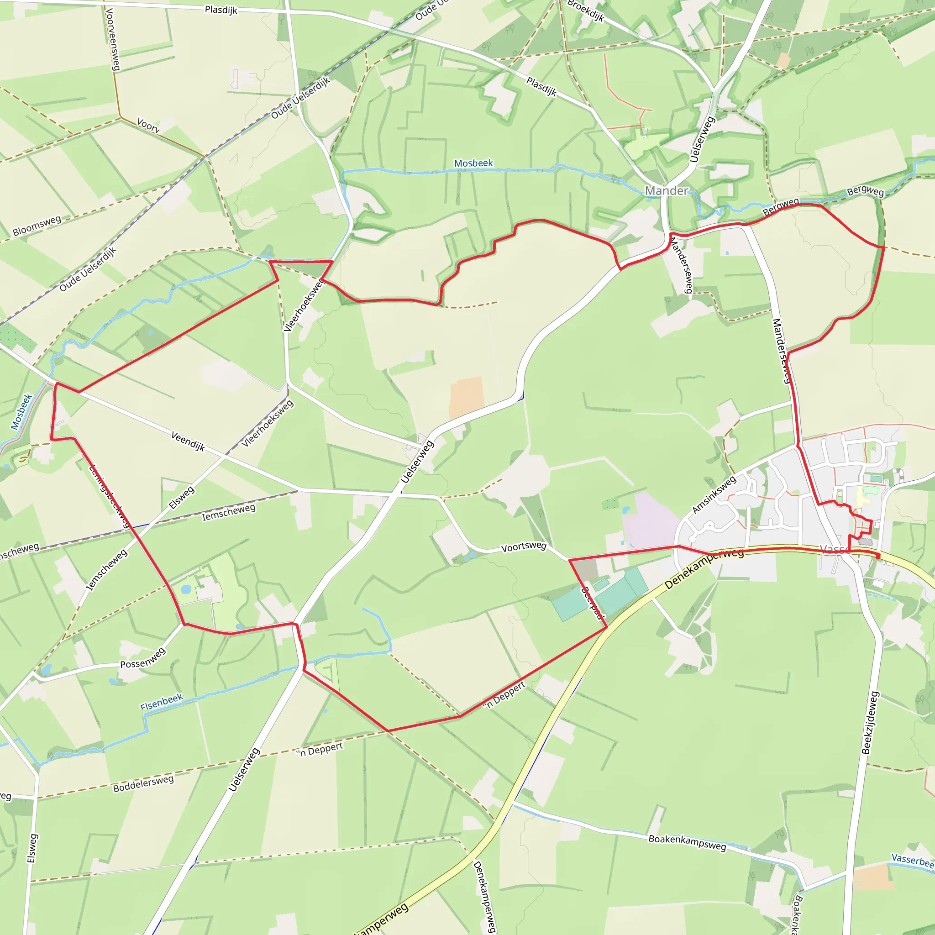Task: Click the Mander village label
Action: pyautogui.click(x=667, y=191)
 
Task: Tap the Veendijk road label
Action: pyautogui.click(x=188, y=441)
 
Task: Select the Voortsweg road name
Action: pyautogui.click(x=524, y=546)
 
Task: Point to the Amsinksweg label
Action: pyautogui.click(x=714, y=494)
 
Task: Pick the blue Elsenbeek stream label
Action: pyautogui.click(x=162, y=701)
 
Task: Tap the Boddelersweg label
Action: pyautogui.click(x=143, y=783)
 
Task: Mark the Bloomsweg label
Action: pyautogui.click(x=37, y=226)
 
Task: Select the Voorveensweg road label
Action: pyautogui.click(x=112, y=39)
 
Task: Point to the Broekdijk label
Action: pyautogui.click(x=586, y=11)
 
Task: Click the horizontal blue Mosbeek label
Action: pyautogui.click(x=473, y=163)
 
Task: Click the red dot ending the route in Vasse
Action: pyautogui.click(x=878, y=557)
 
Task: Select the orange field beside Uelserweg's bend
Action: pyautogui.click(x=467, y=398)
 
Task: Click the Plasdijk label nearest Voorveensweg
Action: pyautogui.click(x=221, y=10)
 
